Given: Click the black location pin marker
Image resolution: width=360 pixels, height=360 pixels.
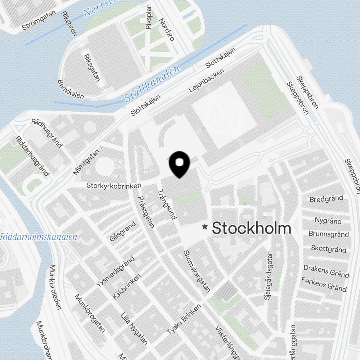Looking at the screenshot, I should click(179, 164).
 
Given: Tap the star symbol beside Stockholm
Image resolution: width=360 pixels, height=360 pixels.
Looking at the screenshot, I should click(205, 227).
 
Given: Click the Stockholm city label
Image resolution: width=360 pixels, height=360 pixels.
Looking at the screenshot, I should click(251, 228).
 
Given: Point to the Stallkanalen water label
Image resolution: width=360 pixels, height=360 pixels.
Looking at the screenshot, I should click(152, 83).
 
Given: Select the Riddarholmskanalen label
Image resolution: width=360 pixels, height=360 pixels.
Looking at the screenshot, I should click(39, 237).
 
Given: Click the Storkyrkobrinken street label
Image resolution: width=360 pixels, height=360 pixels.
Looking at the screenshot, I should click(114, 185).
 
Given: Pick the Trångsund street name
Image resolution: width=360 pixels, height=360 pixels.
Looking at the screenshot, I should click(167, 205).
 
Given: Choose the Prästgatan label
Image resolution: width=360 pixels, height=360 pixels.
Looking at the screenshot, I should click(147, 212).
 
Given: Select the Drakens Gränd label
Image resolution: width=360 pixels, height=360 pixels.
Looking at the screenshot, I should click(326, 271).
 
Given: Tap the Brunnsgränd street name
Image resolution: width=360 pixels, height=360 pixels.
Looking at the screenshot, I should click(329, 234).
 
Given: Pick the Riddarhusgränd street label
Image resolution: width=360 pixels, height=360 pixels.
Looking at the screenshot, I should click(32, 156).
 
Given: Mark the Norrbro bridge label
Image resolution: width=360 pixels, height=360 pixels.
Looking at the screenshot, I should click(166, 29).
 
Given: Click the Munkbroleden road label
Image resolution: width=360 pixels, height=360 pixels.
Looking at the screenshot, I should click(55, 288).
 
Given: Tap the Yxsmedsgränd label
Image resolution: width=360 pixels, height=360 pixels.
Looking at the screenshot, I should click(115, 271).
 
